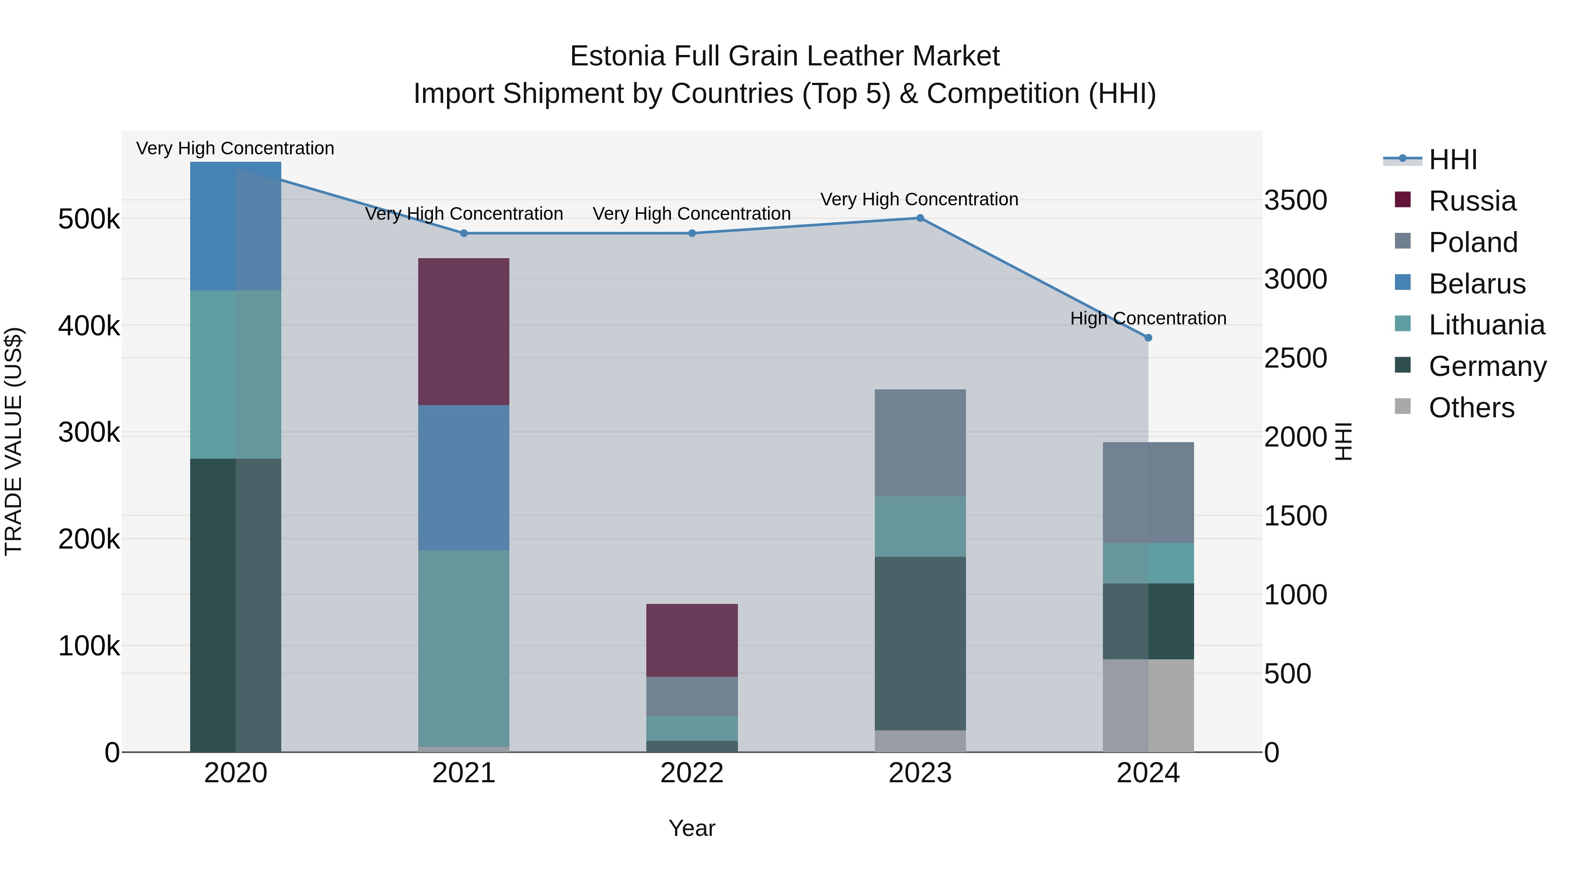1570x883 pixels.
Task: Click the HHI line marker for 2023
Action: tap(920, 218)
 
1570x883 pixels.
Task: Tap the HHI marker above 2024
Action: tap(1148, 338)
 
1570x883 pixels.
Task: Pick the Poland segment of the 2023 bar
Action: tap(920, 443)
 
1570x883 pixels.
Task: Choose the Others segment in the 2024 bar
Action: tap(1148, 706)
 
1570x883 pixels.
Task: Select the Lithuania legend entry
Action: tap(1486, 325)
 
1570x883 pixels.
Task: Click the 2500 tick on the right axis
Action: tap(1295, 358)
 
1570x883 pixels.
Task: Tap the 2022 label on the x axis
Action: tap(692, 773)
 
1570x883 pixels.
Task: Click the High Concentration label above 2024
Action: tap(1148, 319)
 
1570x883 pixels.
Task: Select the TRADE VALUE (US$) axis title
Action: tap(14, 441)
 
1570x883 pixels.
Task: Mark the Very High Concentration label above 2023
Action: tap(919, 200)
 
